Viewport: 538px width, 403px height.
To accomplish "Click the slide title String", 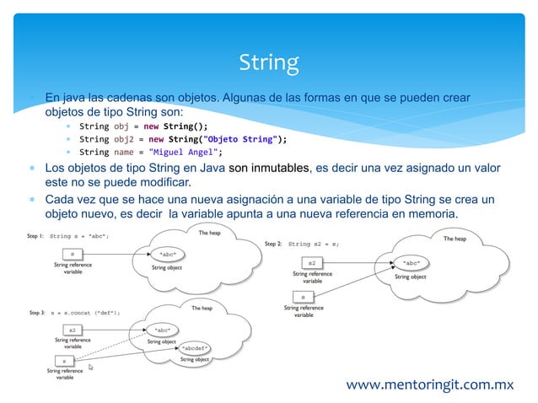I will click(x=268, y=62).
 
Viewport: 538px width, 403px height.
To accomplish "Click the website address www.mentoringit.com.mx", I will click(x=430, y=384).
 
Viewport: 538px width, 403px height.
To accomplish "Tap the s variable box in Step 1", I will click(x=73, y=253).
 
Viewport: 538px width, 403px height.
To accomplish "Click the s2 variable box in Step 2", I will click(x=312, y=263).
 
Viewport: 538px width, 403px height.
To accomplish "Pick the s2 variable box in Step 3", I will click(x=73, y=329).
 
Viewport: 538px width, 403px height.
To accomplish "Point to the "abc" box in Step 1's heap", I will click(x=167, y=253).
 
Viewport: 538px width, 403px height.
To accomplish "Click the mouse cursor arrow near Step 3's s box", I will click(x=90, y=367).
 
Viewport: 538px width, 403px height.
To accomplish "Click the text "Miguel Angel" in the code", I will click(x=183, y=153).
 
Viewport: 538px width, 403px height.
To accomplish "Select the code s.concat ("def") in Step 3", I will click(x=90, y=312).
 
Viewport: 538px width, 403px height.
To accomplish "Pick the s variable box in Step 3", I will click(x=64, y=359).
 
